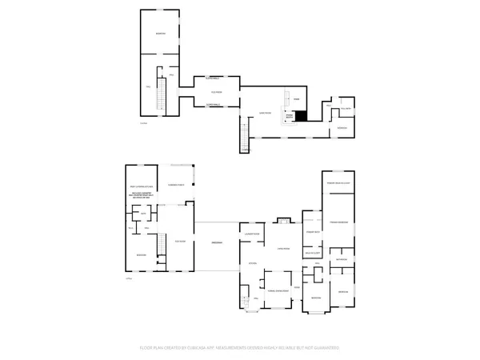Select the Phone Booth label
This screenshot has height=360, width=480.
[x=290, y=116]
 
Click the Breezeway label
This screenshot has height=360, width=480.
[x=216, y=242]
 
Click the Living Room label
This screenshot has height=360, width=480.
[x=282, y=249]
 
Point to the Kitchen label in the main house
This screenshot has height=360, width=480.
[x=252, y=264]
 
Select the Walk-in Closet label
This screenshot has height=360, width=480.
[x=312, y=253]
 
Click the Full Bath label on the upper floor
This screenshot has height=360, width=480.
[x=347, y=108]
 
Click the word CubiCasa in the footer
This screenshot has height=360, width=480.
[x=204, y=348]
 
